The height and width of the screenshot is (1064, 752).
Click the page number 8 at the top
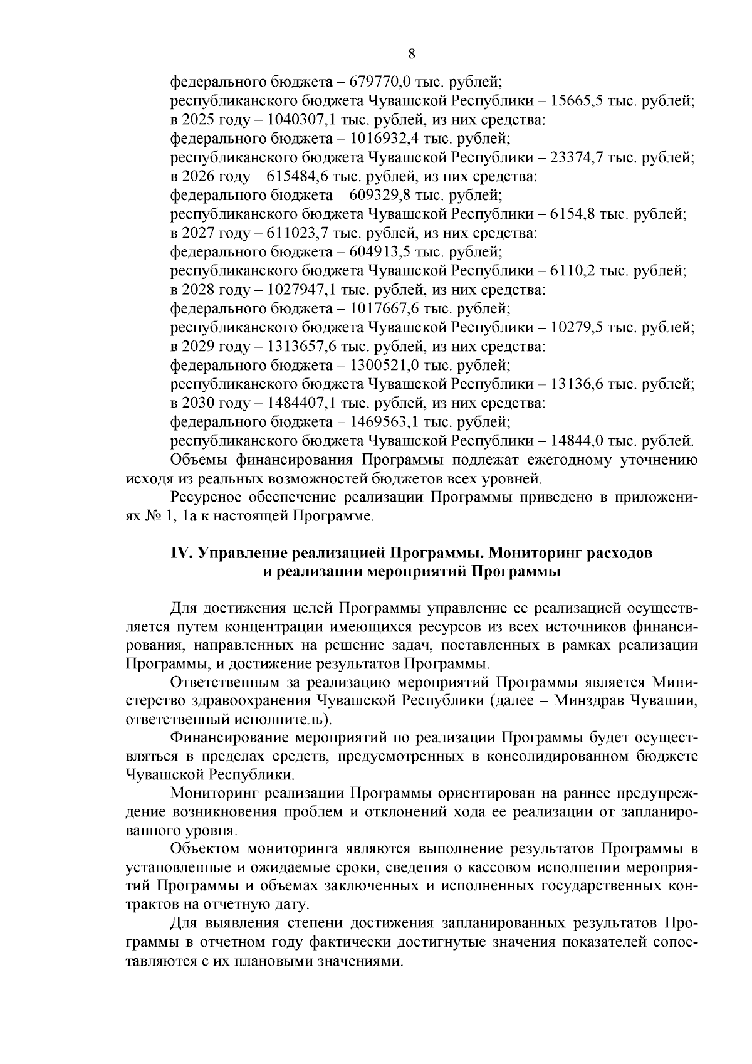412,54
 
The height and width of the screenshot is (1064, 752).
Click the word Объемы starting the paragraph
199,460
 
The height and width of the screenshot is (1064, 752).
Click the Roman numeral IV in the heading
182,553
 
